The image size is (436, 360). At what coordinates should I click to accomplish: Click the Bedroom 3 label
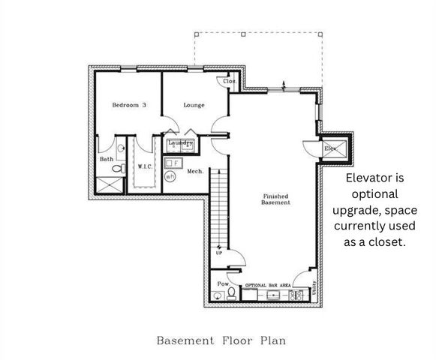[x=129, y=105]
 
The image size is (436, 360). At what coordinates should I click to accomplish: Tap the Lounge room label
[x=194, y=105]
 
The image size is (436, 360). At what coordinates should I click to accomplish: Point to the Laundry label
[x=180, y=142]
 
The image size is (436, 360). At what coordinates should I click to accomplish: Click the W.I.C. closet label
[x=145, y=166]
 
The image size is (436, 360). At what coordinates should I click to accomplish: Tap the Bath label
[x=107, y=159]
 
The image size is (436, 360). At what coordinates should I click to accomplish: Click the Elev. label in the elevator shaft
[x=330, y=149]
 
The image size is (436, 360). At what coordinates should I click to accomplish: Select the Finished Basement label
[x=275, y=200]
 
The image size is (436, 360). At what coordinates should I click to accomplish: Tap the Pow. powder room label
[x=222, y=284]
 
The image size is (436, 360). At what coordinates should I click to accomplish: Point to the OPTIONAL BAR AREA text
[x=269, y=286]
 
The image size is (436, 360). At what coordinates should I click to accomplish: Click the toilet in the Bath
[x=116, y=170]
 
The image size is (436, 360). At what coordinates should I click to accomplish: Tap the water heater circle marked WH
[x=170, y=177]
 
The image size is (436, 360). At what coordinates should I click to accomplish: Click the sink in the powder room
[x=217, y=296]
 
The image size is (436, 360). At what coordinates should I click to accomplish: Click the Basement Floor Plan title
[x=221, y=340]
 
